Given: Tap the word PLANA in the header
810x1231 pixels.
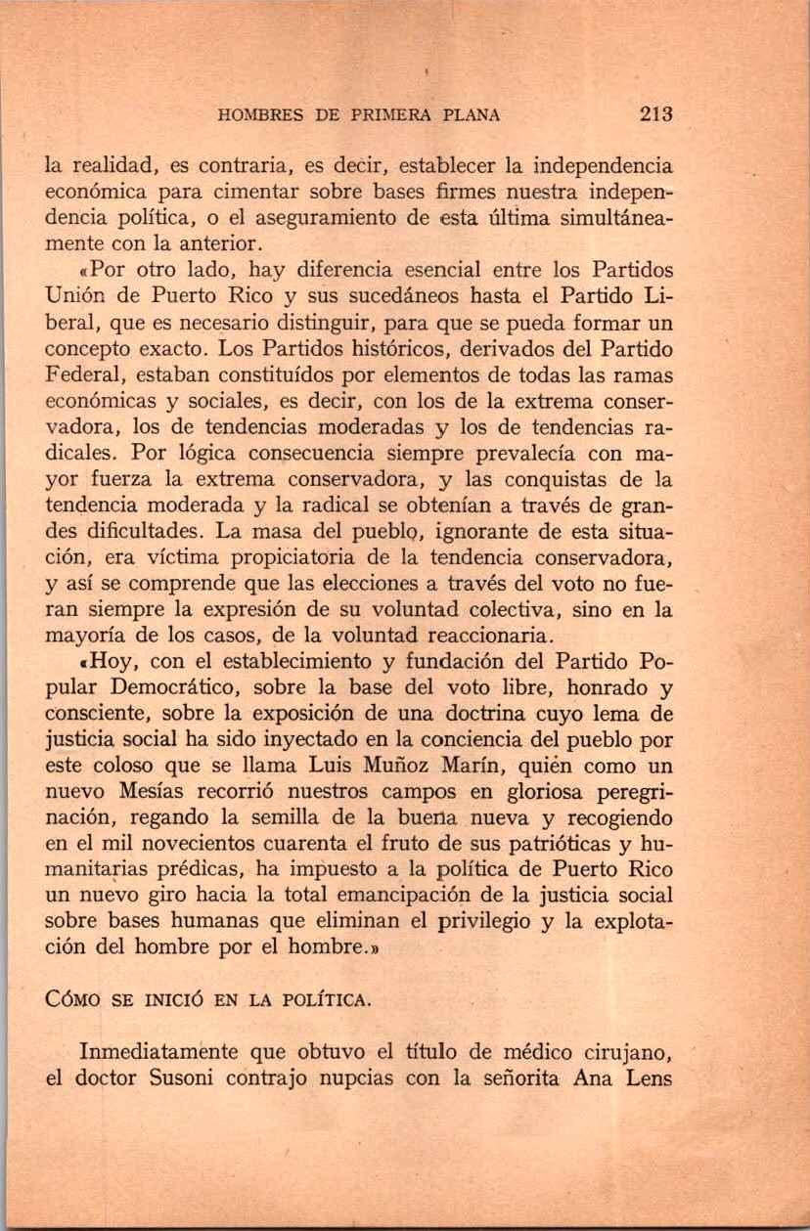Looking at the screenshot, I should (472, 114).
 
